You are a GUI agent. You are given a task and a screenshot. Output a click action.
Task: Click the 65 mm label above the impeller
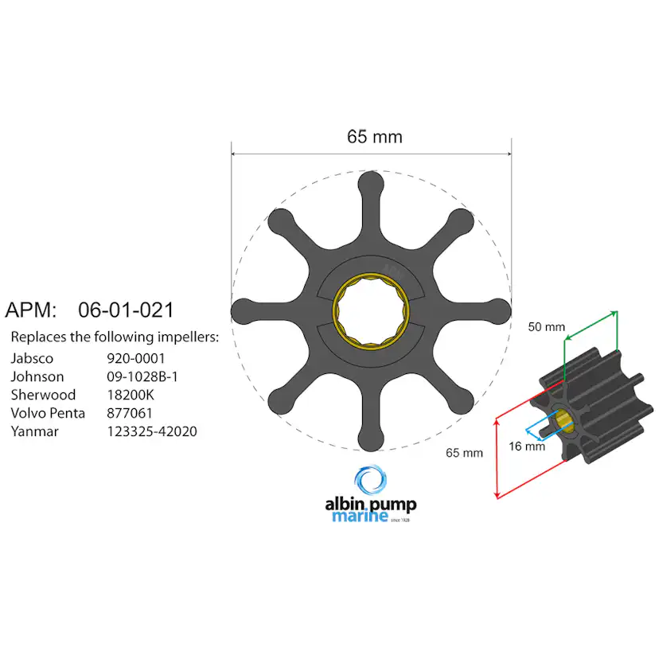pyautogui.click(x=374, y=137)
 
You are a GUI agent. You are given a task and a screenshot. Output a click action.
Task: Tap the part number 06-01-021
pyautogui.click(x=126, y=310)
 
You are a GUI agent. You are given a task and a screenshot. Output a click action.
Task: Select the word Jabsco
pyautogui.click(x=33, y=359)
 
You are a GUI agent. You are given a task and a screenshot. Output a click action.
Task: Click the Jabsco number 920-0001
pyautogui.click(x=136, y=359)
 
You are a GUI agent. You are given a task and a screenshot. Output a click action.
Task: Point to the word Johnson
pyautogui.click(x=37, y=377)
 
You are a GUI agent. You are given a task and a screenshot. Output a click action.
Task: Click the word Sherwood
pyautogui.click(x=43, y=396)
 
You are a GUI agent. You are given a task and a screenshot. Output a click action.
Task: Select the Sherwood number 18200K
pyautogui.click(x=131, y=396)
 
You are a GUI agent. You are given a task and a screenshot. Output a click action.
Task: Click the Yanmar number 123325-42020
pyautogui.click(x=152, y=432)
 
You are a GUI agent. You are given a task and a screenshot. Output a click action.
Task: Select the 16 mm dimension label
pyautogui.click(x=527, y=446)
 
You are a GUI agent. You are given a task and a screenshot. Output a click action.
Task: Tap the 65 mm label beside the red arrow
pyautogui.click(x=464, y=453)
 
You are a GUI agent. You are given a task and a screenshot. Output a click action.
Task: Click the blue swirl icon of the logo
pyautogui.click(x=370, y=482)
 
